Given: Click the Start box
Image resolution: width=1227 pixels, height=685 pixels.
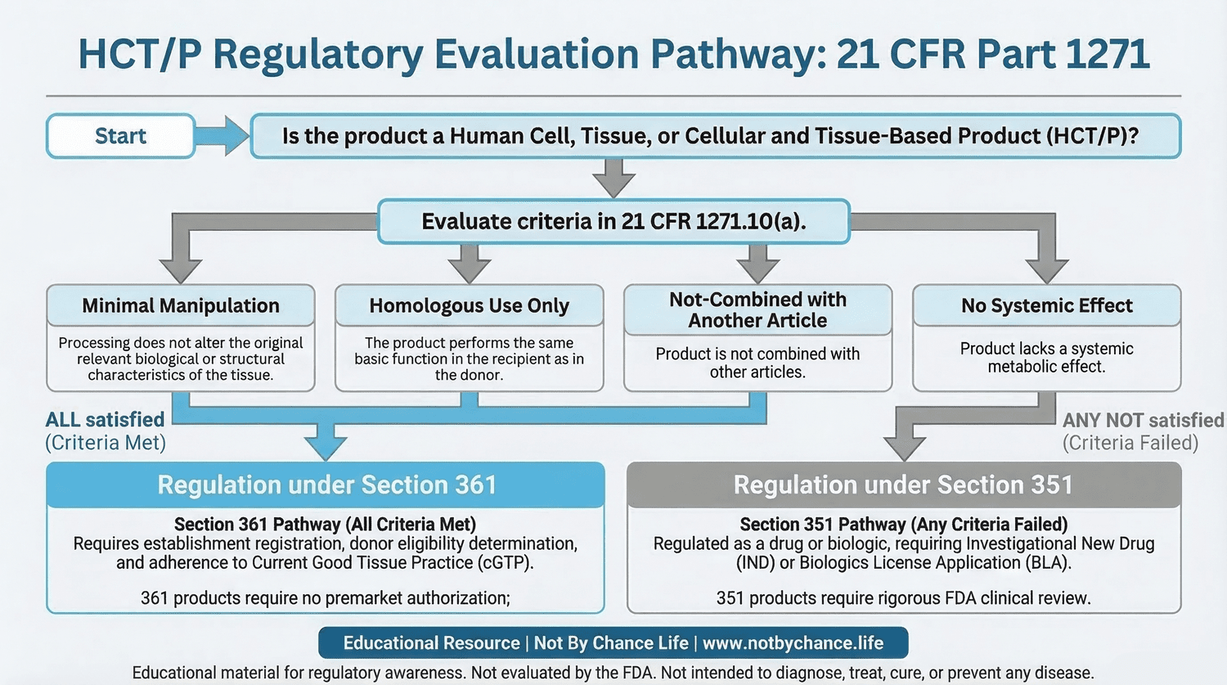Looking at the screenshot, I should [120, 136].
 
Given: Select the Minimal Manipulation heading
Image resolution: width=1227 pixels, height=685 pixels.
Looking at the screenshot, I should [181, 305].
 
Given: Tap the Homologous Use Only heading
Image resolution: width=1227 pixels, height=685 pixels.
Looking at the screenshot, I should [469, 305].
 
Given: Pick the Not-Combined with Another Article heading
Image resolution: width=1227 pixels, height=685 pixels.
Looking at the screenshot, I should [757, 309].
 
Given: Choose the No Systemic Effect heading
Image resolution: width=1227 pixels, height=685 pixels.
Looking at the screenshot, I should [1046, 305].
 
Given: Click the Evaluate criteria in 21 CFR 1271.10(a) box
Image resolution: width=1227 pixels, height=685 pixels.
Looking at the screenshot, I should [613, 221].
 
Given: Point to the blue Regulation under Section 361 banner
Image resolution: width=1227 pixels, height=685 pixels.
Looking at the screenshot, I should [326, 484].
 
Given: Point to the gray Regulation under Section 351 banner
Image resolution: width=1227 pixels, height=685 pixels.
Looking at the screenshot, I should [903, 484].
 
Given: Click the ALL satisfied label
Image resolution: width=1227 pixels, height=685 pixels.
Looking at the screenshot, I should [105, 420].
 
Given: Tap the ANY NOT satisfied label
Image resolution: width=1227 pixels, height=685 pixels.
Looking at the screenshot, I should [1143, 420].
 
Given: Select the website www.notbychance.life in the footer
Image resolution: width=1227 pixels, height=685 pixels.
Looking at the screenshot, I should [793, 643].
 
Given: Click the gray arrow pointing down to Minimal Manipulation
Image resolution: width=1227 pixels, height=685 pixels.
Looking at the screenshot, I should [181, 266].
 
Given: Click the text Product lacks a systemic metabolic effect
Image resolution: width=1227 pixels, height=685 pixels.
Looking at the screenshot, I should [1046, 358].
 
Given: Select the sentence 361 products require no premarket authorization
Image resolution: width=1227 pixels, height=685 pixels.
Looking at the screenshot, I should [326, 598].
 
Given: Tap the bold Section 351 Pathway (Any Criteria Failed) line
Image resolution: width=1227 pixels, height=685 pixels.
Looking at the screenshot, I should [903, 524].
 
